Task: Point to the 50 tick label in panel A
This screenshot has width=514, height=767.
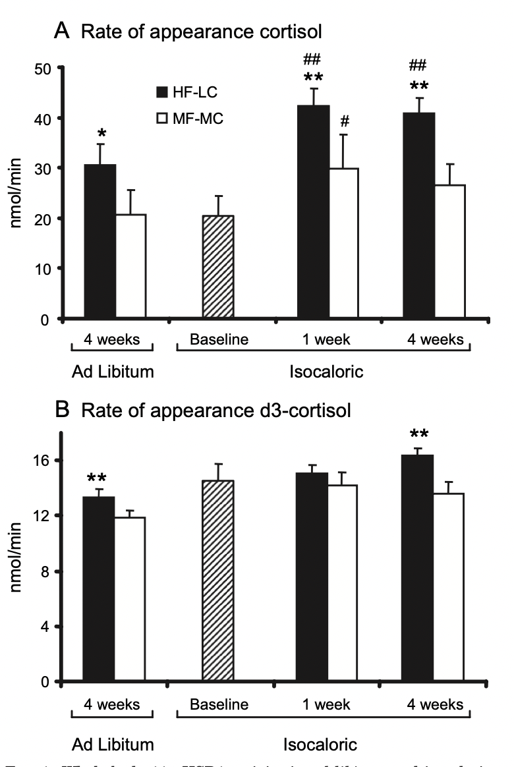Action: pyautogui.click(x=45, y=68)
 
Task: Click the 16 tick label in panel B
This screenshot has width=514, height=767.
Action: pyautogui.click(x=45, y=460)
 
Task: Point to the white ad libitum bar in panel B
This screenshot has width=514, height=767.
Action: pyautogui.click(x=129, y=599)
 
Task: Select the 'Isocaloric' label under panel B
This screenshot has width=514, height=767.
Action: pyautogui.click(x=320, y=745)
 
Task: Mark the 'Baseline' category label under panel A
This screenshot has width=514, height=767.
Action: pyautogui.click(x=218, y=340)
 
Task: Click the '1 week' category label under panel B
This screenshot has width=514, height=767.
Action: pyautogui.click(x=322, y=704)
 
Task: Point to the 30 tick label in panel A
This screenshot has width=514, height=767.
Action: pyautogui.click(x=45, y=168)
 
